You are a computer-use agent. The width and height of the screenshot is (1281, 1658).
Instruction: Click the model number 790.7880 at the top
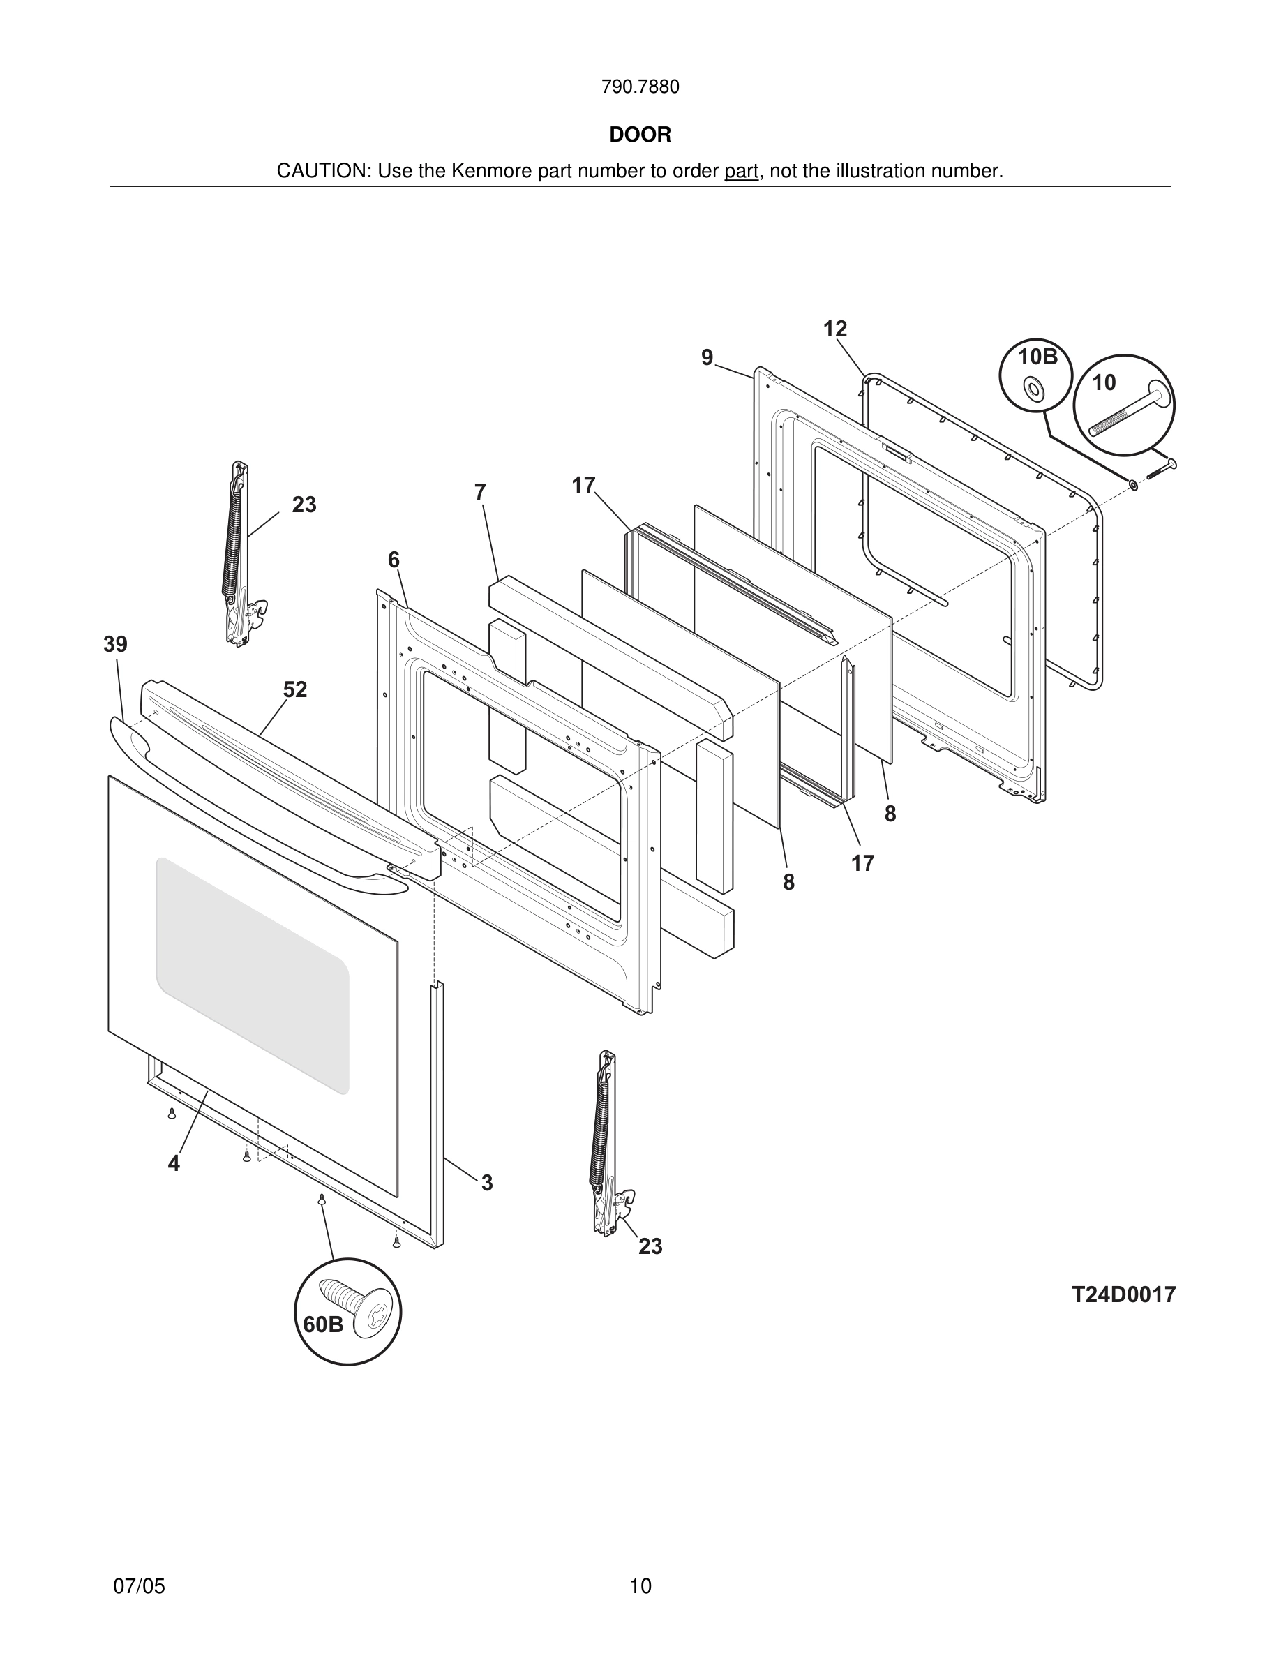(640, 87)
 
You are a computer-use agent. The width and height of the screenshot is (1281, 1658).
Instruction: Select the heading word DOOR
(640, 135)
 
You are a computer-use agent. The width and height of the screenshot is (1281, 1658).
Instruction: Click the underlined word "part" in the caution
(741, 172)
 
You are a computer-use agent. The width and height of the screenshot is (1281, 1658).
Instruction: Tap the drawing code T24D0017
(1123, 1294)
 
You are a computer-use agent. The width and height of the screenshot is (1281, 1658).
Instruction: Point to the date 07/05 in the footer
(139, 1586)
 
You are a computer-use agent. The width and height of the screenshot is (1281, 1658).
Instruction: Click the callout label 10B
(1037, 357)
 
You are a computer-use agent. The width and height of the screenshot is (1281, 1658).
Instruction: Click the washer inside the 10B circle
(1033, 389)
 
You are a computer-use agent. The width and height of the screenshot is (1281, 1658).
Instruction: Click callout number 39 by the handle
(115, 645)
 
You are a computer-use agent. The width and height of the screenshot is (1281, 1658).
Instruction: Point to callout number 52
(295, 689)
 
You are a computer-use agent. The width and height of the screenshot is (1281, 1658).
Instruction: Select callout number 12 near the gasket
(834, 329)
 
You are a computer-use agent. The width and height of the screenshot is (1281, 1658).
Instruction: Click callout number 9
(707, 357)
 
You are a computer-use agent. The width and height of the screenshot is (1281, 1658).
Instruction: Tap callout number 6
(393, 560)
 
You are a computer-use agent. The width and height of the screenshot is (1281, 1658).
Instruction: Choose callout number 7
(479, 492)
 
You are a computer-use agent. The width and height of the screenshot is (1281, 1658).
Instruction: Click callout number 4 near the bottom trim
(174, 1163)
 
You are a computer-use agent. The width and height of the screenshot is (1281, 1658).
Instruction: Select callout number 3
(487, 1183)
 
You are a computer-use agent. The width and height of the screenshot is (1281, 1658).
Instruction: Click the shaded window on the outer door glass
(252, 976)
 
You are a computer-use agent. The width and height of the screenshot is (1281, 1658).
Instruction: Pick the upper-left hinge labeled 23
(241, 554)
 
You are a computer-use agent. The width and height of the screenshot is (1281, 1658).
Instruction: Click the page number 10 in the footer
(640, 1586)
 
